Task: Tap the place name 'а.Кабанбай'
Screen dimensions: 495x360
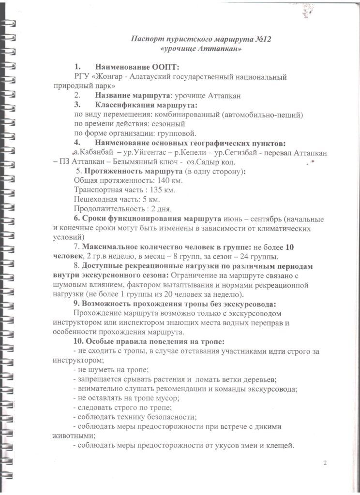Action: pos(94,153)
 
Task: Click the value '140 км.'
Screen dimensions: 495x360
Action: pos(170,180)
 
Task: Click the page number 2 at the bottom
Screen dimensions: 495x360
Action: pos(325,464)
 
